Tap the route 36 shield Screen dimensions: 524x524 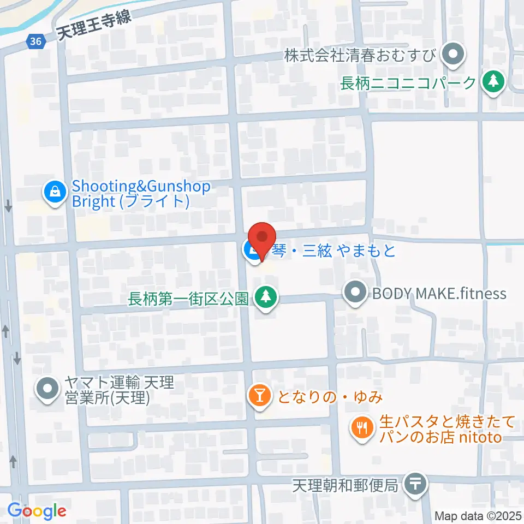[35, 41]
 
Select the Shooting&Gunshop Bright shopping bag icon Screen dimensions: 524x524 [55, 192]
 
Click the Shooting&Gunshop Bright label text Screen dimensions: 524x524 [141, 194]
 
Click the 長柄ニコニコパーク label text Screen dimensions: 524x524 [408, 83]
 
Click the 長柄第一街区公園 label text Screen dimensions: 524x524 [189, 299]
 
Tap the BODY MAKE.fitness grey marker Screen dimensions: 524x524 [356, 293]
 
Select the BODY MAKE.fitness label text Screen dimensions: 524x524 [439, 294]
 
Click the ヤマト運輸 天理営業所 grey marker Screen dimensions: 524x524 [47, 389]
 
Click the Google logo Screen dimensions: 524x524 [37, 511]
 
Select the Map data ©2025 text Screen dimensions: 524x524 [478, 516]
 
